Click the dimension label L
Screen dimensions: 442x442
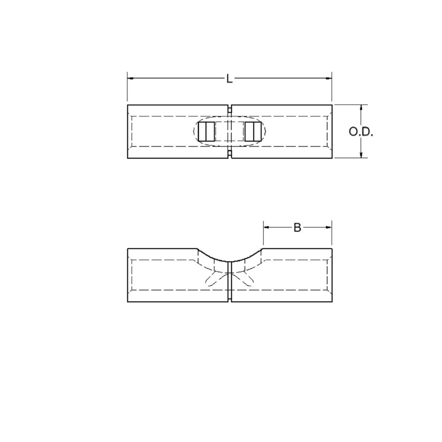coord(229,79)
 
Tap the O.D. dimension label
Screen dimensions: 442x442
coord(361,132)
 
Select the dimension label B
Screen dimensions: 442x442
coord(297,228)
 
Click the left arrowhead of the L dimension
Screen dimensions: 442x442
coord(130,78)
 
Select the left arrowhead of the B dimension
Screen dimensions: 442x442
coord(266,228)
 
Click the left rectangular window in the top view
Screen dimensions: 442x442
coord(206,131)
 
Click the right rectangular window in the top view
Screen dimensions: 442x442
coord(253,131)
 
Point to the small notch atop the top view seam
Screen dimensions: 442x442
coord(229,109)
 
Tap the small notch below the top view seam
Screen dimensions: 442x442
coord(229,154)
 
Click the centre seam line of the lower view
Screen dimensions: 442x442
coord(230,280)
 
